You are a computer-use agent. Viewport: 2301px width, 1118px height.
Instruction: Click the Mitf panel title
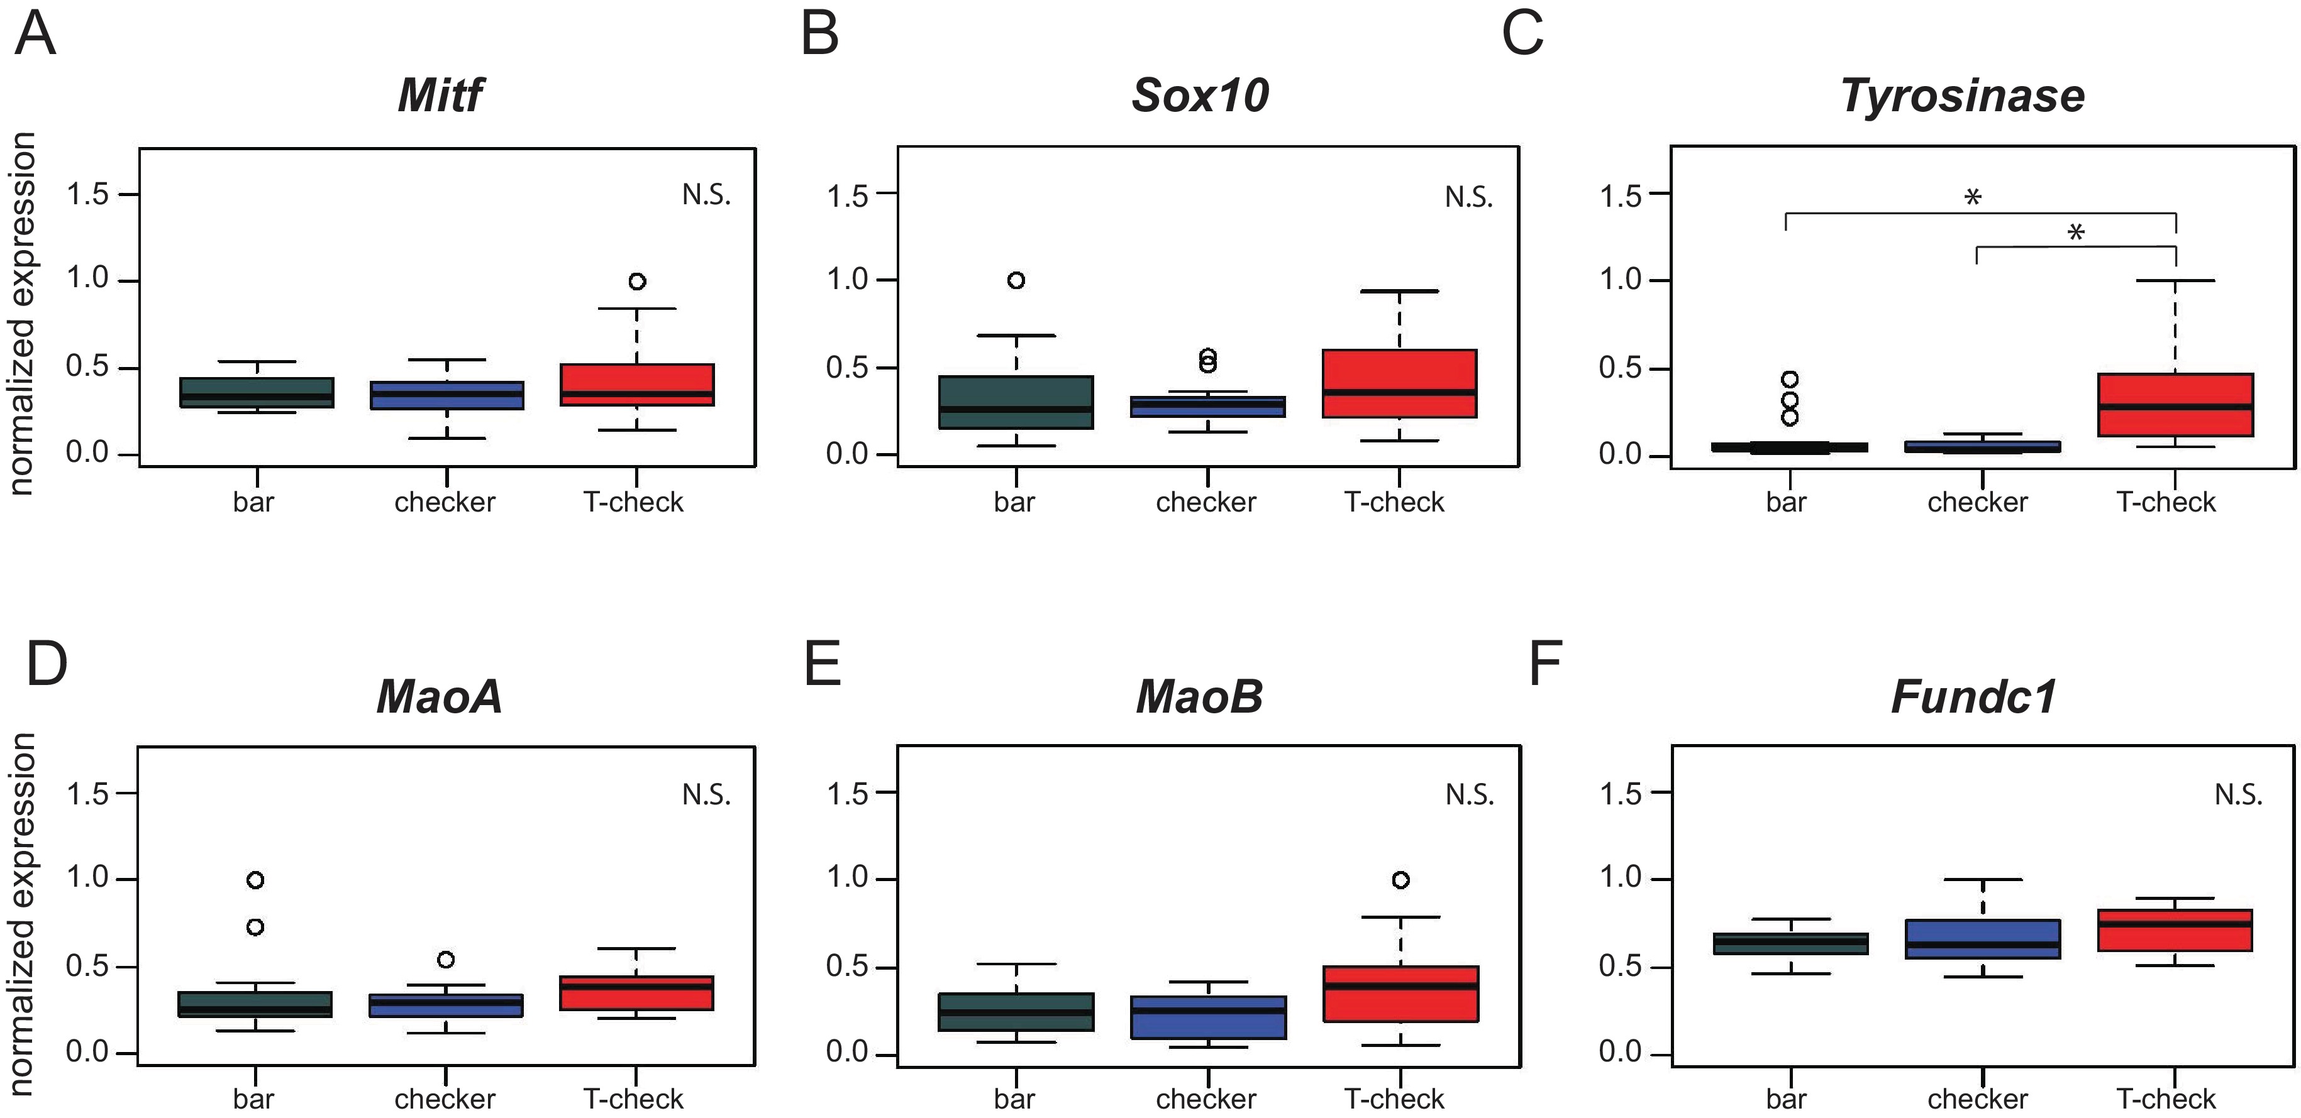point(440,96)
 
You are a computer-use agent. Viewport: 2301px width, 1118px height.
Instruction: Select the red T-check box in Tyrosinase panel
point(2175,405)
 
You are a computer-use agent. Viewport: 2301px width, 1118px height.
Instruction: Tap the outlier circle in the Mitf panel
point(637,282)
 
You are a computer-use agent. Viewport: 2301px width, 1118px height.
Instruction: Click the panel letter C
point(1522,35)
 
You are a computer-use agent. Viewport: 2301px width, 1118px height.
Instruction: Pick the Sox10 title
point(1200,96)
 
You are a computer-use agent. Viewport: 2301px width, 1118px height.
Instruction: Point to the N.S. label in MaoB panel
point(1470,794)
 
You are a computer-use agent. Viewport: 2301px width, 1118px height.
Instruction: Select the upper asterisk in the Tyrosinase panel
point(1973,197)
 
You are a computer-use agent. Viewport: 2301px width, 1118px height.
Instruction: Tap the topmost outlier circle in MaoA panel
point(255,880)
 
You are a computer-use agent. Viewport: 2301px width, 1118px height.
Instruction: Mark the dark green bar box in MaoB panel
point(1016,1012)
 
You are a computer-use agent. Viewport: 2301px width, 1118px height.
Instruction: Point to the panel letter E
point(822,664)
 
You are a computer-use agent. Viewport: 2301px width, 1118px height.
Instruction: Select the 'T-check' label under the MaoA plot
point(633,1099)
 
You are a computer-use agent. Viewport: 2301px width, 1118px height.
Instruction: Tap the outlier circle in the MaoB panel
point(1400,880)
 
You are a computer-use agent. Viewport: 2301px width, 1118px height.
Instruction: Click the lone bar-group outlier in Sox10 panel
point(1016,280)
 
